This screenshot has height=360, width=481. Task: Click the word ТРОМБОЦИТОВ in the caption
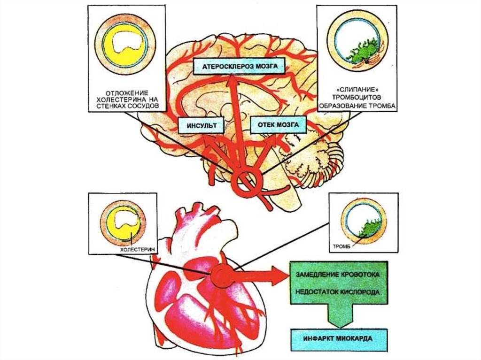point(357,97)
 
